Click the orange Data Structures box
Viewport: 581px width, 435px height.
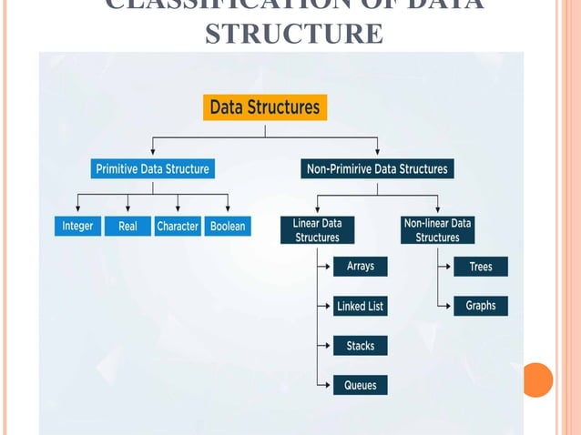point(264,107)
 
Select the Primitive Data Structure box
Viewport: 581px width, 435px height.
point(152,168)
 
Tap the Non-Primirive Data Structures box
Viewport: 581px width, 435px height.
point(377,168)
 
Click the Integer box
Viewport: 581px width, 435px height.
point(77,226)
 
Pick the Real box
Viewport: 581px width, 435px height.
point(127,226)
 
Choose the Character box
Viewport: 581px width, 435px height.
point(178,226)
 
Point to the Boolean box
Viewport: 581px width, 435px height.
point(227,226)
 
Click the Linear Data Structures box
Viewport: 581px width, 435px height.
point(317,229)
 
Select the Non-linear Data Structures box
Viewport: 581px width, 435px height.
point(438,229)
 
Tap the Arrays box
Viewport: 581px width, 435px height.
point(360,267)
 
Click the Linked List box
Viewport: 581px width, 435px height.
point(360,307)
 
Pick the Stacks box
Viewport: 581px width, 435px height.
point(360,346)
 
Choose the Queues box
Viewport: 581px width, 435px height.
point(360,385)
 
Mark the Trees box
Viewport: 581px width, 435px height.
point(480,267)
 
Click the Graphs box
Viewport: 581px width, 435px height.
point(480,306)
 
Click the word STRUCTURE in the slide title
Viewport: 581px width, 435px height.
point(294,34)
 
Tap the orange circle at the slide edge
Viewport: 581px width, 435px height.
point(537,379)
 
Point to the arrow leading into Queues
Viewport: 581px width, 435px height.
point(325,385)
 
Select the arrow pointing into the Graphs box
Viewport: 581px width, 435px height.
point(445,306)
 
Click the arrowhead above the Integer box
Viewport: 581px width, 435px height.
point(77,207)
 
